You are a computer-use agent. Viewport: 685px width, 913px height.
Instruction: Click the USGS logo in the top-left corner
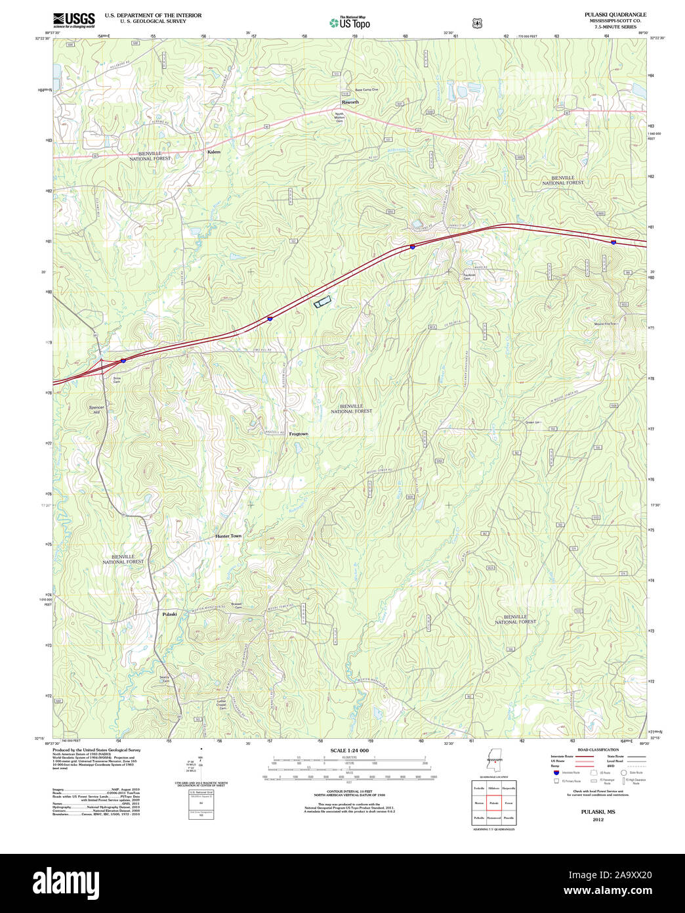(73, 20)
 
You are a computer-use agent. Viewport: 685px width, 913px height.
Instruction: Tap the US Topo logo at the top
(350, 23)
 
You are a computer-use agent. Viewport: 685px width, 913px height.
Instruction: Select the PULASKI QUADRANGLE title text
(615, 14)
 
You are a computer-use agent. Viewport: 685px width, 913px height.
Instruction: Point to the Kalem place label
(214, 152)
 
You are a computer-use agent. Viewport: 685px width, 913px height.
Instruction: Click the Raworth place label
(350, 102)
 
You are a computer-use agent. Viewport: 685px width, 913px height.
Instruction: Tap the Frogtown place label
(299, 434)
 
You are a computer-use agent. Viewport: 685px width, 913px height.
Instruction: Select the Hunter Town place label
(228, 536)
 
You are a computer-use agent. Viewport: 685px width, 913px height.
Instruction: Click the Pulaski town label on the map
(169, 614)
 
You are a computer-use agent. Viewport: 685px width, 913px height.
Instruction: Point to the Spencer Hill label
(96, 410)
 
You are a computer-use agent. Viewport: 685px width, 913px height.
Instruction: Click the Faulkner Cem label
(468, 277)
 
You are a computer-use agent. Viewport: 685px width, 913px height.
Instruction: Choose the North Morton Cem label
(339, 118)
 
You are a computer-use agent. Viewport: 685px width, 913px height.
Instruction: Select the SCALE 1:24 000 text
(349, 750)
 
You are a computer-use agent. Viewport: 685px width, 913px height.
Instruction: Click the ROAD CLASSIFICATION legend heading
(598, 749)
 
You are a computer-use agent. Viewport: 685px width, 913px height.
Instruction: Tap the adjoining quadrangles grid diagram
(493, 802)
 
